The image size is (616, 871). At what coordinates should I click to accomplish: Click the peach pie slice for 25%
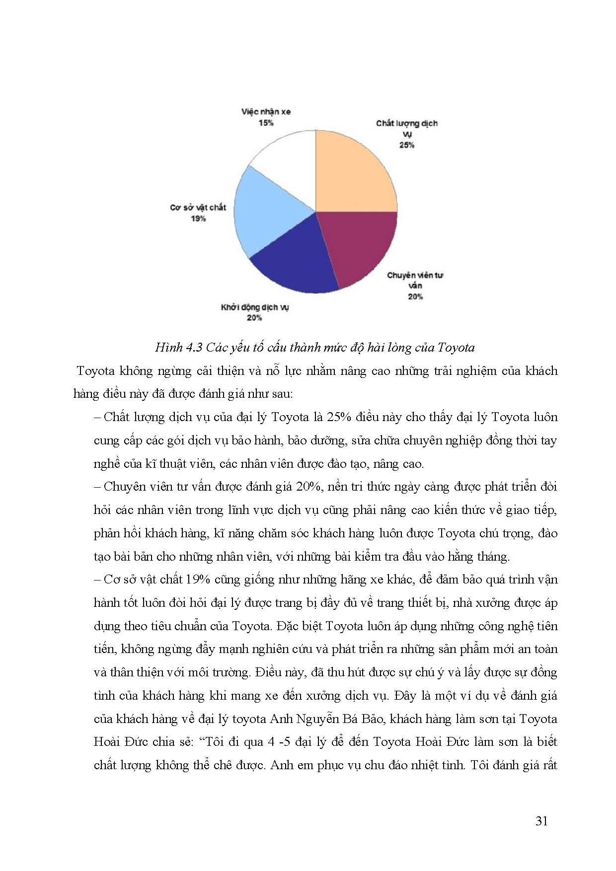(355, 171)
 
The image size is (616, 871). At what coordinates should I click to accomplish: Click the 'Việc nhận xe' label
(266, 112)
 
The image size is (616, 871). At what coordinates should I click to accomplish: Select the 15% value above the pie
(266, 123)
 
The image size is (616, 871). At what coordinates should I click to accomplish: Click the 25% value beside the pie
(406, 145)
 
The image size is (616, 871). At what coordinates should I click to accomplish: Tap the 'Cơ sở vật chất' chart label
(198, 208)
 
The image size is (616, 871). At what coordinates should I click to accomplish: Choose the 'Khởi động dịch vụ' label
(255, 307)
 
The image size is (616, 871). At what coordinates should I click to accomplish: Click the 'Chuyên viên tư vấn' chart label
(415, 280)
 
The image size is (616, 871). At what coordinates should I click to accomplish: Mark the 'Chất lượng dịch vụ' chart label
(406, 128)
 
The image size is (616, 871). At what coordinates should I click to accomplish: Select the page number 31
(541, 821)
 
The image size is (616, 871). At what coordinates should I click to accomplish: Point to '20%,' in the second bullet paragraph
(309, 487)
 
